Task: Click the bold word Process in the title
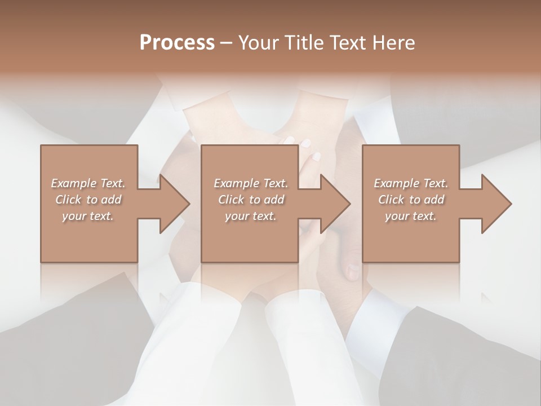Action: click(x=177, y=43)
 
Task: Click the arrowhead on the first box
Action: click(x=174, y=204)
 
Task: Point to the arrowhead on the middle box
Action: click(x=335, y=204)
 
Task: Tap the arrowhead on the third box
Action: click(x=496, y=204)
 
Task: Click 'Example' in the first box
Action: click(x=73, y=183)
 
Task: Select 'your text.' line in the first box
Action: click(x=88, y=216)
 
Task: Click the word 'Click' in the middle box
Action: click(x=230, y=200)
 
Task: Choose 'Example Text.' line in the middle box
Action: click(x=251, y=183)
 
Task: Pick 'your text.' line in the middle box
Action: click(x=251, y=216)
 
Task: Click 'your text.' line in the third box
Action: click(x=411, y=216)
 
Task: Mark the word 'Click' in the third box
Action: click(x=391, y=200)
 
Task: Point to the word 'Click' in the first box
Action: click(x=68, y=200)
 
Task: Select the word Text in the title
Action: click(x=343, y=43)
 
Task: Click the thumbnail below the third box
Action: click(x=352, y=272)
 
